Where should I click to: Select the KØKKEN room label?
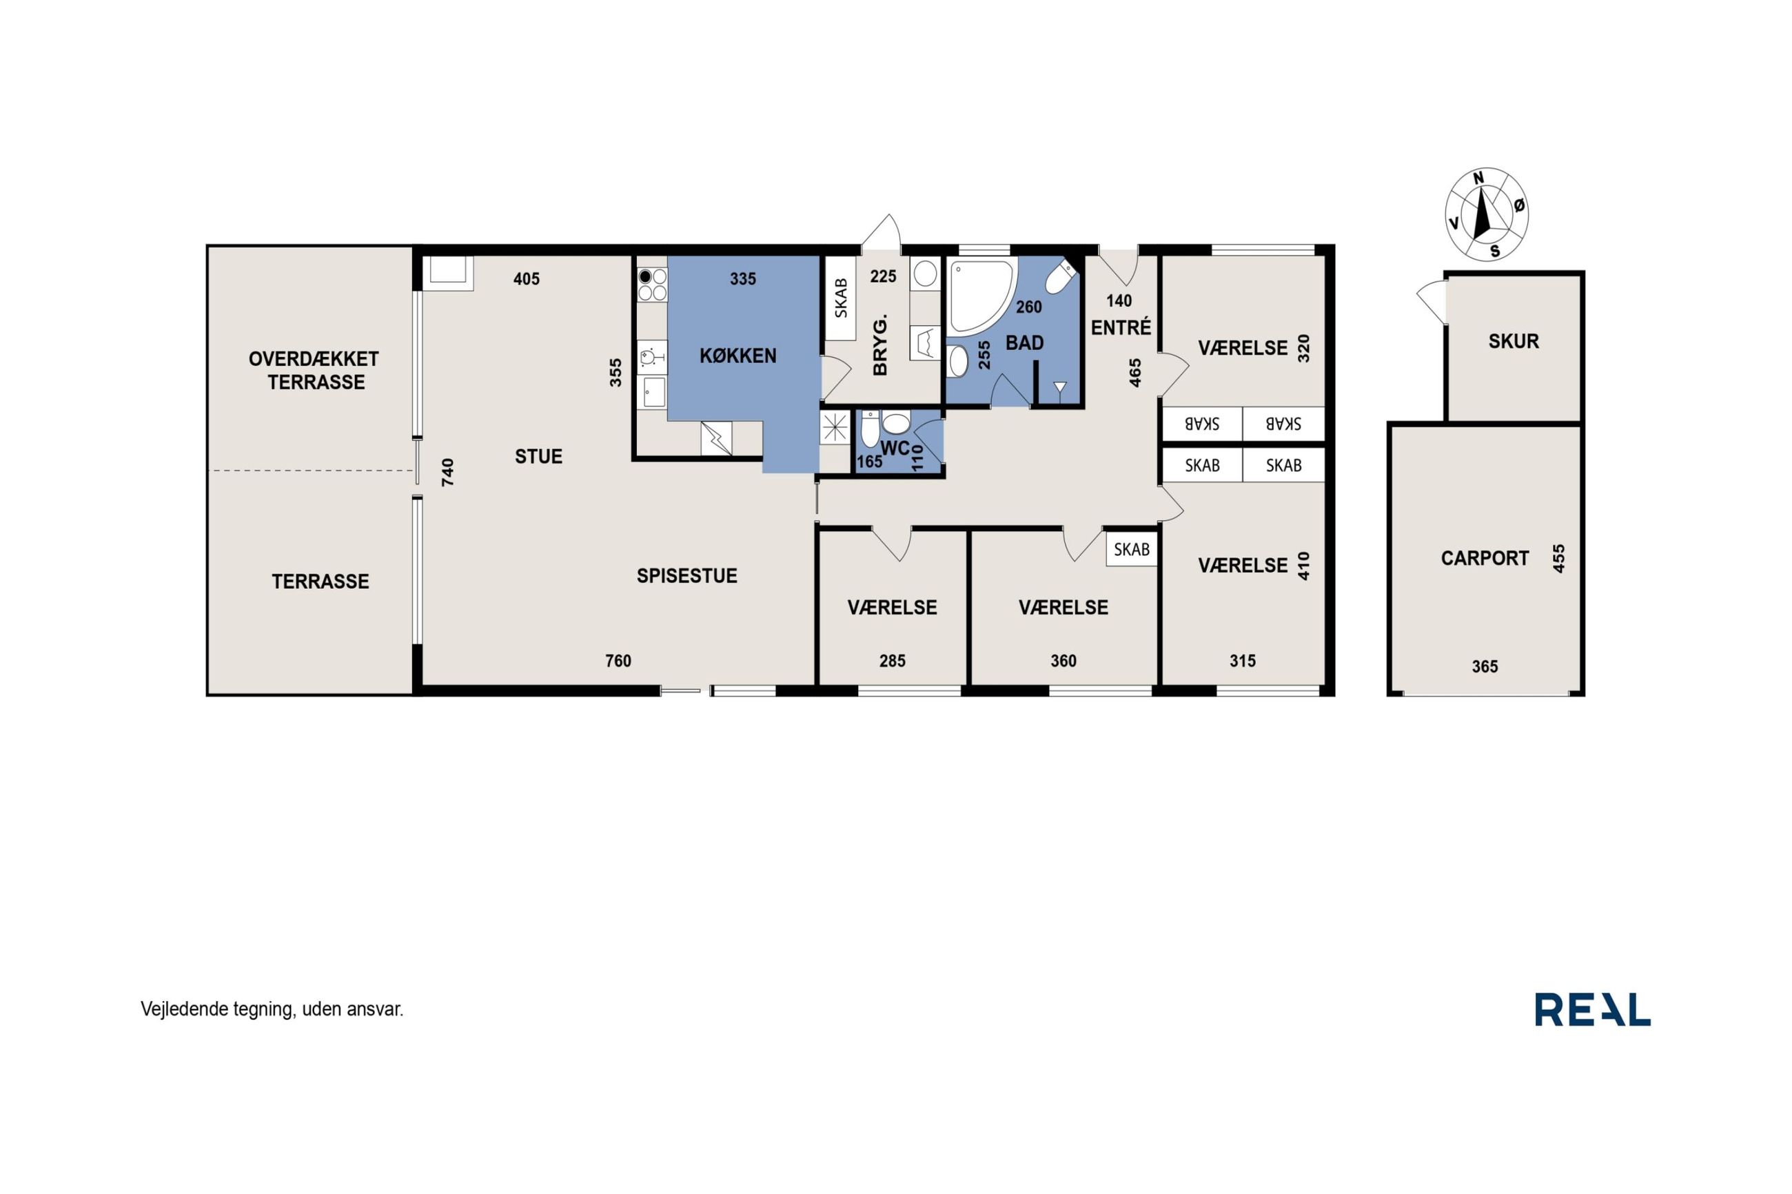[x=738, y=356]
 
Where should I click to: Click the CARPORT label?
[x=1485, y=558]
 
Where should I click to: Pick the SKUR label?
[x=1514, y=341]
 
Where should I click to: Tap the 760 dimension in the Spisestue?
[x=618, y=661]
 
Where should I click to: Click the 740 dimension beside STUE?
[x=448, y=472]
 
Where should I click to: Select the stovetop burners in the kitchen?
[x=652, y=285]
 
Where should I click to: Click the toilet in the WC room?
[x=870, y=429]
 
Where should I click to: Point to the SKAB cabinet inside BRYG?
[x=841, y=298]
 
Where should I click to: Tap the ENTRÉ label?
[x=1121, y=327]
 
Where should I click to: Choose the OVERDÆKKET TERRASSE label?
[x=314, y=370]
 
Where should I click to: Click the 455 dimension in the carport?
[x=1558, y=558]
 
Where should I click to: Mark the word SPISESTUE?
[x=687, y=576]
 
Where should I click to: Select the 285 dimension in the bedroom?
[x=893, y=661]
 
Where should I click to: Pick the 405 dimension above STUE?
[x=527, y=279]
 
